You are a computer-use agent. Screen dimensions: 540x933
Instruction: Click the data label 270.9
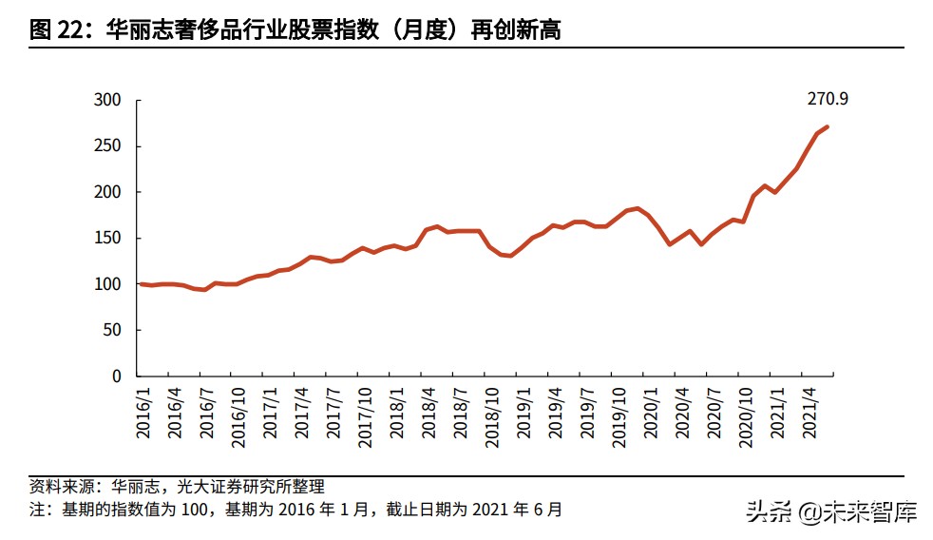pyautogui.click(x=828, y=98)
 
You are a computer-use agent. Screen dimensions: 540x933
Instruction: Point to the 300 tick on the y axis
pyautogui.click(x=108, y=101)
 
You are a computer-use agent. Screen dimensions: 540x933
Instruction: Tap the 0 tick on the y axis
pyautogui.click(x=117, y=376)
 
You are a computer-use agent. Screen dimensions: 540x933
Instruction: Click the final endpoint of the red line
pyautogui.click(x=828, y=126)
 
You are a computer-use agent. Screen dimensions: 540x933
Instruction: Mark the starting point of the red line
pyautogui.click(x=141, y=284)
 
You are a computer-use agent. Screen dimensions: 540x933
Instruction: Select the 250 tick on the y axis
pyautogui.click(x=108, y=146)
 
